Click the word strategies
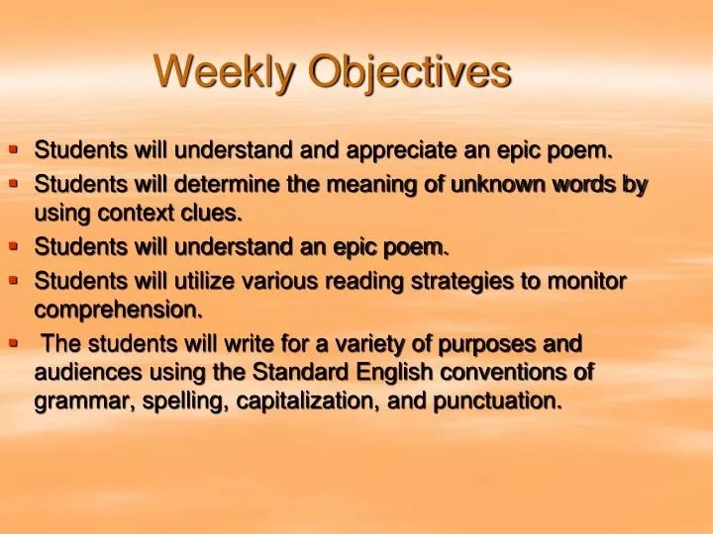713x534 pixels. [457, 282]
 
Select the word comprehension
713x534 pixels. [119, 311]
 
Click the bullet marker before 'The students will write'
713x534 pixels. [14, 342]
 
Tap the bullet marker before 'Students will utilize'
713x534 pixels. [14, 280]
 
